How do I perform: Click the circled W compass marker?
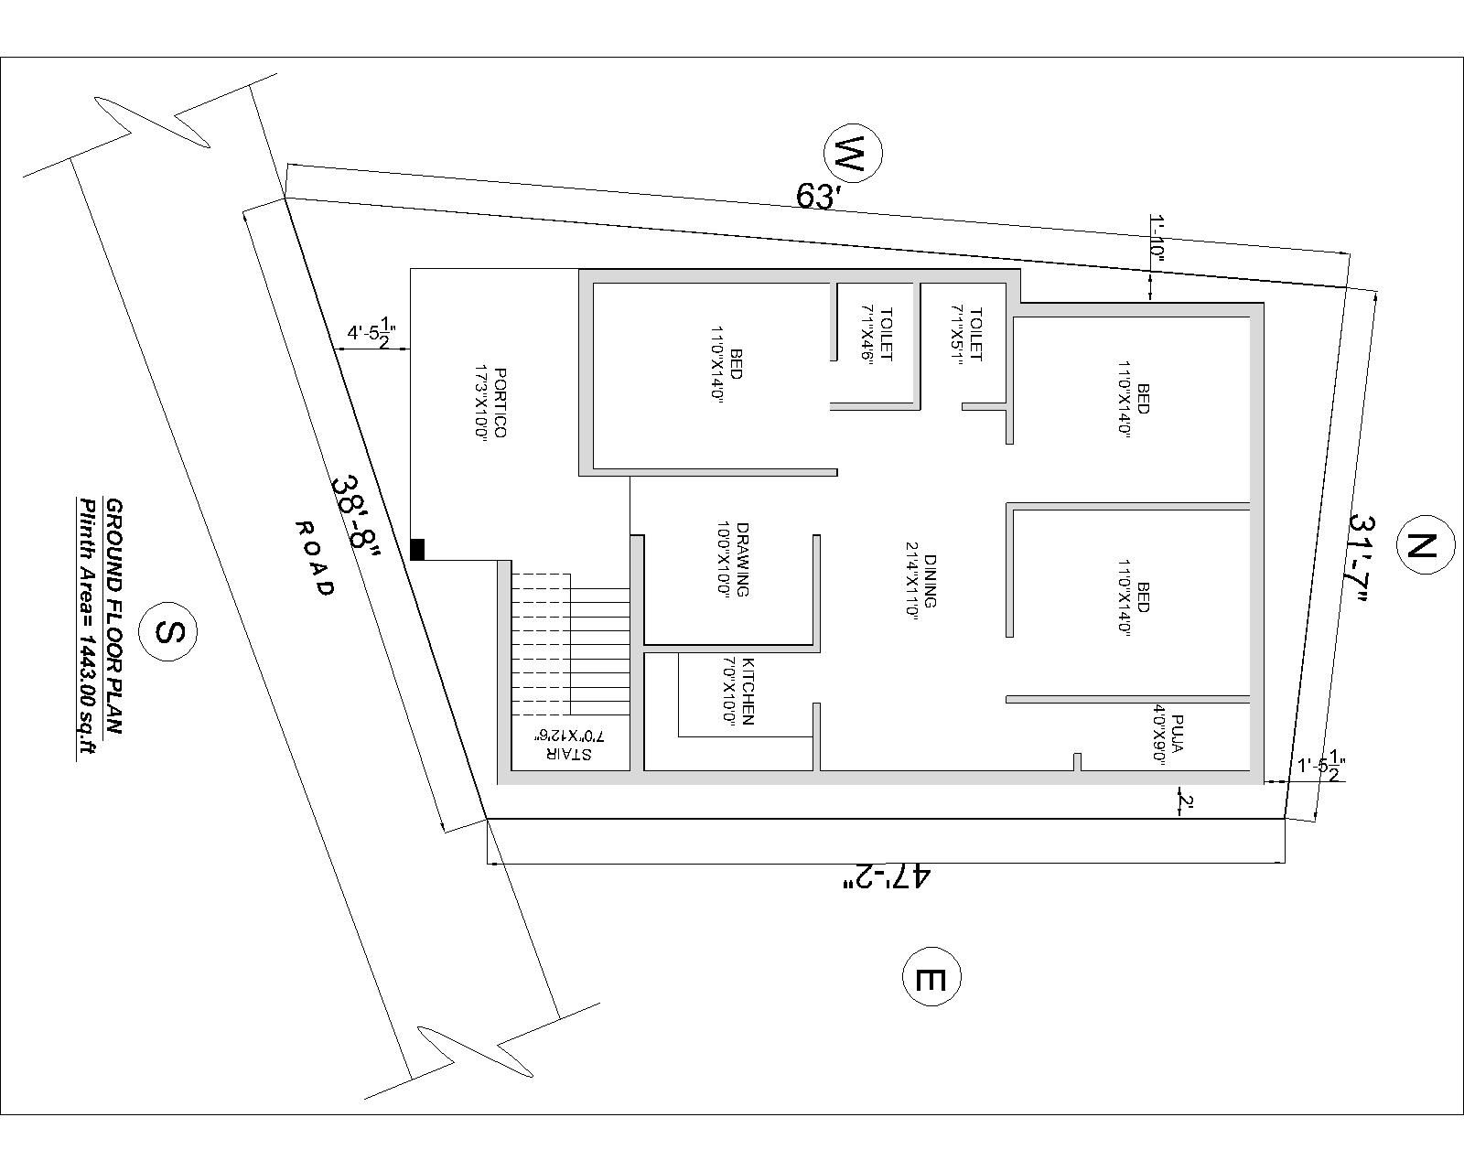853,155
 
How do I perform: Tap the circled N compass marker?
1423,546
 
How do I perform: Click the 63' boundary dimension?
818,196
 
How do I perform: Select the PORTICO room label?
492,403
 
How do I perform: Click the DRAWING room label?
735,559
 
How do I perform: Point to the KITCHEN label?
741,691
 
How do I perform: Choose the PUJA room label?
1168,734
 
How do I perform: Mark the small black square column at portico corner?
417,549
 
